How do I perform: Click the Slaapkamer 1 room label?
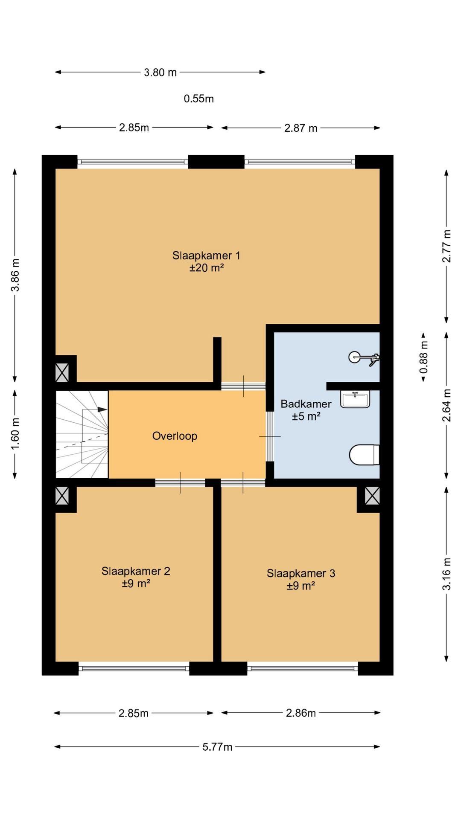pyautogui.click(x=206, y=256)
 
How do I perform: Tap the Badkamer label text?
pyautogui.click(x=306, y=404)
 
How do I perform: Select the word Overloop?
pyautogui.click(x=175, y=436)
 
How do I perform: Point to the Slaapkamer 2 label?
pyautogui.click(x=136, y=571)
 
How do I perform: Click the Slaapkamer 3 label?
pyautogui.click(x=301, y=573)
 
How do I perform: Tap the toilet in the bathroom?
pyautogui.click(x=364, y=455)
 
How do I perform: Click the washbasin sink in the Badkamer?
pyautogui.click(x=355, y=399)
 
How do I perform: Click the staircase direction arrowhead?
pyautogui.click(x=102, y=409)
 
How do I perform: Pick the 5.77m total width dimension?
pyautogui.click(x=217, y=746)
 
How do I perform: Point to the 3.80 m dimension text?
pyautogui.click(x=160, y=73)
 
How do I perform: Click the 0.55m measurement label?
pyautogui.click(x=199, y=99)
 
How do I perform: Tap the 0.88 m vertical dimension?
pyautogui.click(x=423, y=357)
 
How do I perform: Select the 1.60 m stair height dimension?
pyautogui.click(x=15, y=434)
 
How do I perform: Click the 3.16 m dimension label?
pyautogui.click(x=446, y=574)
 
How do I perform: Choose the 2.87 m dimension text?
pyautogui.click(x=301, y=128)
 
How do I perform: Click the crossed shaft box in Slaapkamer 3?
pyautogui.click(x=372, y=496)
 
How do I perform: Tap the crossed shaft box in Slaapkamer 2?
pyautogui.click(x=62, y=496)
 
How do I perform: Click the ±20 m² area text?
pyautogui.click(x=207, y=268)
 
